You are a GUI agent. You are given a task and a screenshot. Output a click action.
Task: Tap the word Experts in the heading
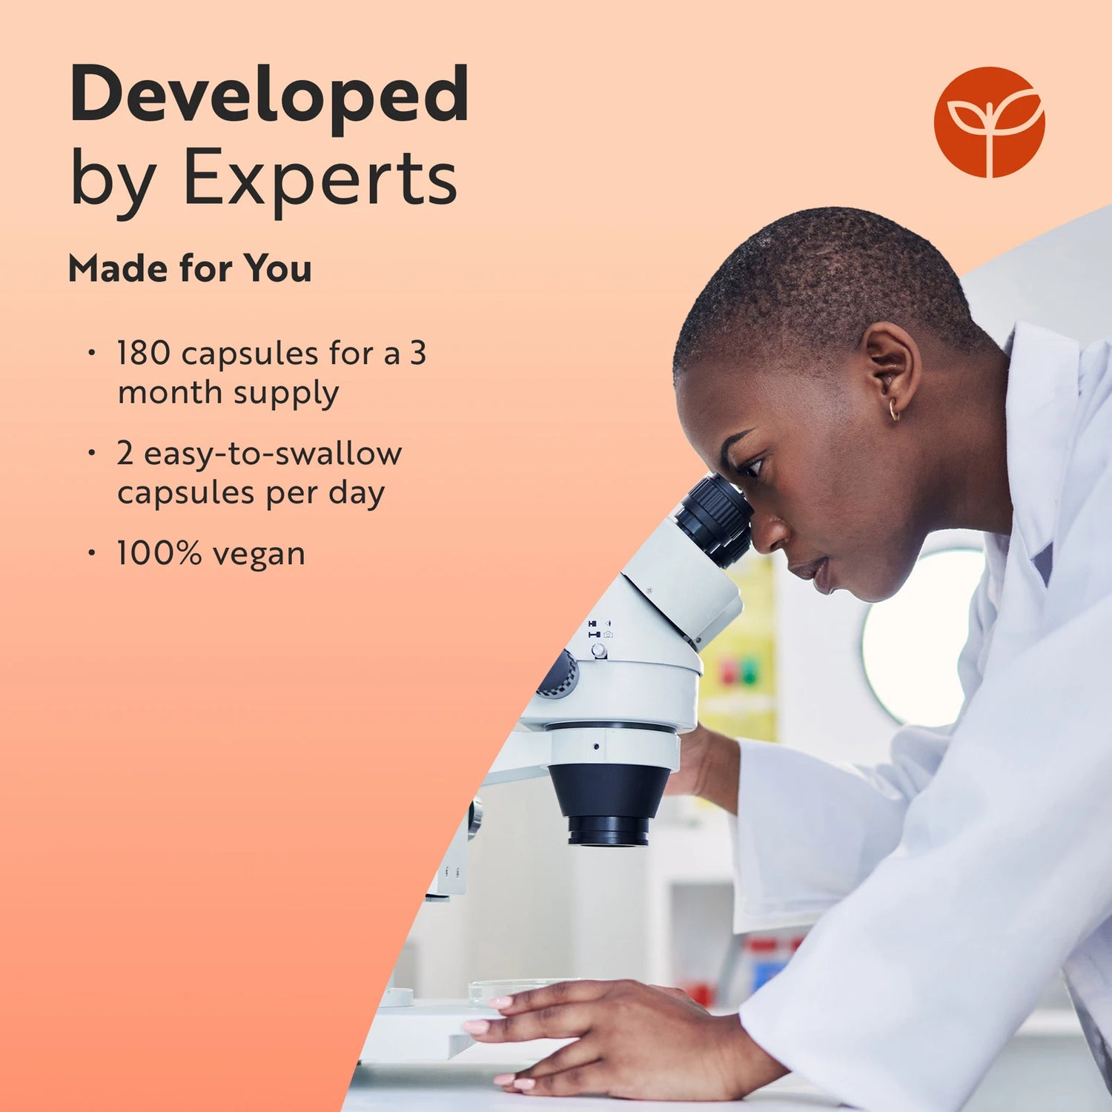pyautogui.click(x=320, y=178)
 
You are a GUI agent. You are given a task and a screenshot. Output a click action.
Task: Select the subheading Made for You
pyautogui.click(x=190, y=268)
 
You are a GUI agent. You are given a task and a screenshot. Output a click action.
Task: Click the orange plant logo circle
pyautogui.click(x=989, y=122)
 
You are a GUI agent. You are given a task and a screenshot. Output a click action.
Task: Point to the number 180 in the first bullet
pyautogui.click(x=144, y=353)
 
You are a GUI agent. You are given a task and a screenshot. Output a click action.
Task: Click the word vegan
pyautogui.click(x=258, y=555)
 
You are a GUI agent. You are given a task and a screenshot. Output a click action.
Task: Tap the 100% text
pyautogui.click(x=159, y=553)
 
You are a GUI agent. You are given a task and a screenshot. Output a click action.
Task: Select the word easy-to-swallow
pyautogui.click(x=273, y=454)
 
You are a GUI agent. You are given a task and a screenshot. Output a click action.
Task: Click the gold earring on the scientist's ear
pyautogui.click(x=894, y=410)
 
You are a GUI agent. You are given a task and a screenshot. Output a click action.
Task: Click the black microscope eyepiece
pyautogui.click(x=715, y=519)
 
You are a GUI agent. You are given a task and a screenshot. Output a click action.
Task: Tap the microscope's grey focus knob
pyautogui.click(x=558, y=675)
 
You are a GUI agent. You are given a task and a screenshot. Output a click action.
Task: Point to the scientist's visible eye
pyautogui.click(x=747, y=466)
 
